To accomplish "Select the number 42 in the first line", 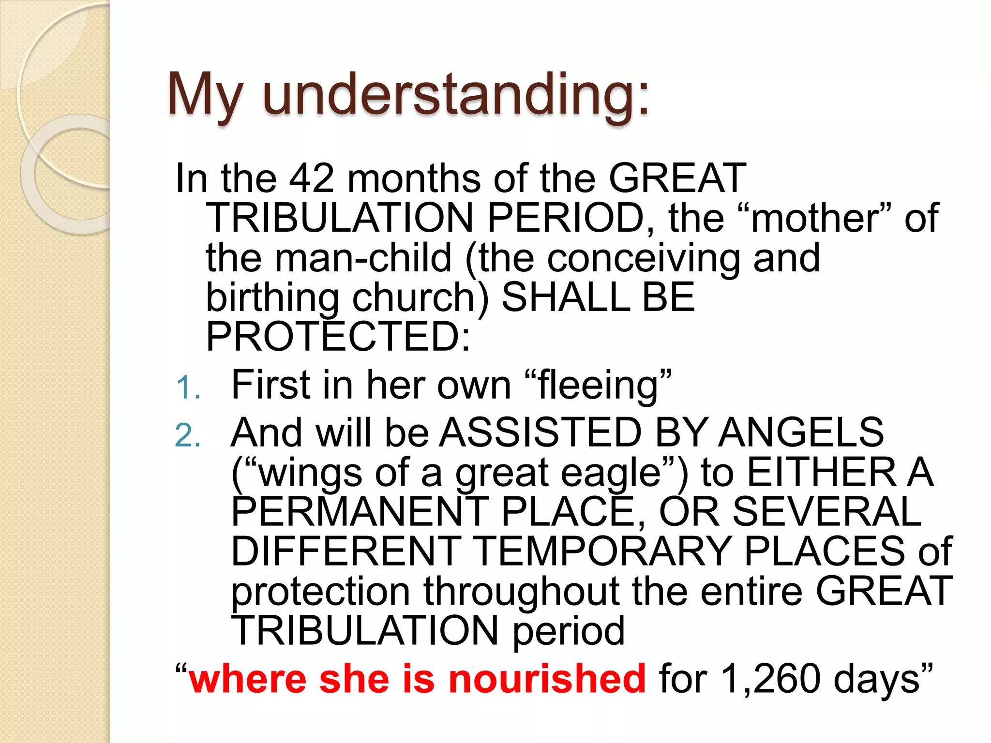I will coord(311,178).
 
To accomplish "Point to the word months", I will coord(414,178).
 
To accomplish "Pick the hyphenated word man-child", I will coord(363,258).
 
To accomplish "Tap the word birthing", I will coord(272,298).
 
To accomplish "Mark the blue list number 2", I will coord(187,435).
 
